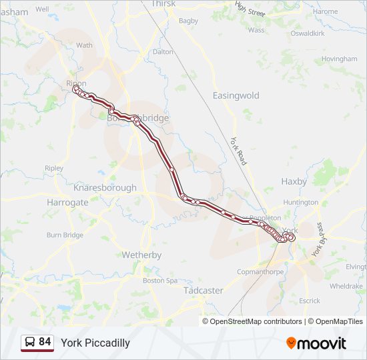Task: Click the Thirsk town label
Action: [x=163, y=4]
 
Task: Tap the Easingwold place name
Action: [x=236, y=95]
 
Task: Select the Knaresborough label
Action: [x=105, y=188]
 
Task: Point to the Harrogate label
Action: [x=67, y=202]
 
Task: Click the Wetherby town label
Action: [x=141, y=255]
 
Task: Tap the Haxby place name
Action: [x=294, y=181]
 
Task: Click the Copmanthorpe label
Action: [x=261, y=272]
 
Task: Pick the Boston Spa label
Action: [x=160, y=281]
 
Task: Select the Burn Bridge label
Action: [x=65, y=235]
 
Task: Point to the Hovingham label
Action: [x=340, y=59]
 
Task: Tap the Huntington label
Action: [x=300, y=202]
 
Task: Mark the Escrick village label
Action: [x=310, y=301]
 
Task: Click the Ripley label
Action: [x=53, y=168]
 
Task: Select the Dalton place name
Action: [x=163, y=51]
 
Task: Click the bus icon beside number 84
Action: [x=30, y=343]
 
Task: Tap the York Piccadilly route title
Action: [x=95, y=343]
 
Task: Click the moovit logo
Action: [x=316, y=343]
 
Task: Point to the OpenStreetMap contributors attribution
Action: [x=256, y=321]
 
